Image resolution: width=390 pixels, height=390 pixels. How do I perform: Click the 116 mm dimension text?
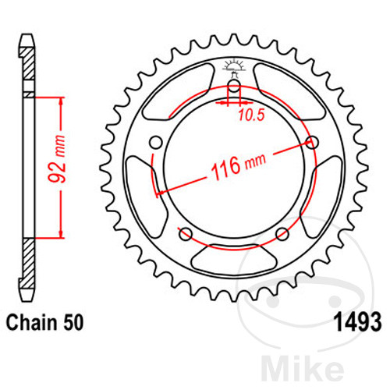[x=239, y=166]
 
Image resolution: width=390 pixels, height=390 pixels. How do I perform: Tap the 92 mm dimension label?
[x=57, y=159]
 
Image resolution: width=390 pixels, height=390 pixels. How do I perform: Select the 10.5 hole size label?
[x=251, y=115]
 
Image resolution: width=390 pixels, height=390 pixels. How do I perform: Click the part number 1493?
[x=359, y=322]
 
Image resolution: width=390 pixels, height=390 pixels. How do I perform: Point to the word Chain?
[x=32, y=322]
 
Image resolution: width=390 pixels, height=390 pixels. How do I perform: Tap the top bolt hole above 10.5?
[x=234, y=86]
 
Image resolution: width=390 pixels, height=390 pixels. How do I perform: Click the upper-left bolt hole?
[x=156, y=143]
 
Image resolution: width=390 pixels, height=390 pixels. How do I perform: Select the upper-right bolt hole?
[x=312, y=142]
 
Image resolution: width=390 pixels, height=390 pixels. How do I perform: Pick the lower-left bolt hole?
[x=186, y=234]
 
